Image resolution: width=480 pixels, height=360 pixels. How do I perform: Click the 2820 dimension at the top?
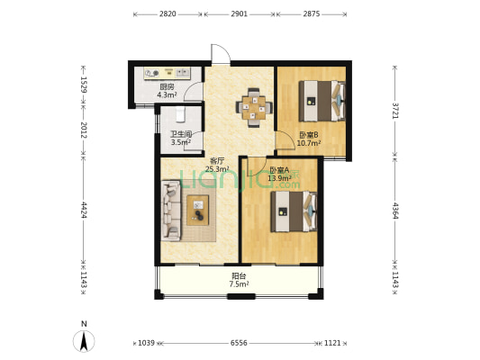(168, 13)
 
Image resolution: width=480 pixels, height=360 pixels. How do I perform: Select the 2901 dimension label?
(239, 13)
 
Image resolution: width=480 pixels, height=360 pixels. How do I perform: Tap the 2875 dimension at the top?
(312, 13)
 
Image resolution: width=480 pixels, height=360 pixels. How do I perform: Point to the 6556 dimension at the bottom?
(239, 343)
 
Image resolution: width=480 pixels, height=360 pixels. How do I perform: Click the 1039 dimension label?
(146, 343)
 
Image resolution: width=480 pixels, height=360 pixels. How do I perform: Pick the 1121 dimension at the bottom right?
(332, 343)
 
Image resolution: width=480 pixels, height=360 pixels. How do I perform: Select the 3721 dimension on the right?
(395, 111)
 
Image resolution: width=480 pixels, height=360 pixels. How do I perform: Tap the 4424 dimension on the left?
(84, 209)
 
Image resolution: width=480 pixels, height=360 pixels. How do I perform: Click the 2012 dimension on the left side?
(84, 130)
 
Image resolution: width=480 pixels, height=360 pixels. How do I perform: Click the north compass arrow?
(84, 341)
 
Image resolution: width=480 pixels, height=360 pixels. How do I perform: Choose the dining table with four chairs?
(254, 108)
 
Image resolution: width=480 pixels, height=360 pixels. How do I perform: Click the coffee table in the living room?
(198, 210)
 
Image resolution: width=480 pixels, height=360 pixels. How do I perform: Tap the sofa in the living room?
(171, 210)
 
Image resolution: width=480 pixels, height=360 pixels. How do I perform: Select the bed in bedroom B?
(322, 101)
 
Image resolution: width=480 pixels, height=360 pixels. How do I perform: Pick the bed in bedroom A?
(294, 211)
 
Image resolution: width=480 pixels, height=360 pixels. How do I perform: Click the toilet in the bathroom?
(180, 113)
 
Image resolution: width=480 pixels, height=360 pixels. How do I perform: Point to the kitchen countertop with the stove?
(168, 74)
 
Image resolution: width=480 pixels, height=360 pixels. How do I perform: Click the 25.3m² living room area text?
(217, 168)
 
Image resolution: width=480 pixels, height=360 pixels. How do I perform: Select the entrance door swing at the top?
(221, 54)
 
